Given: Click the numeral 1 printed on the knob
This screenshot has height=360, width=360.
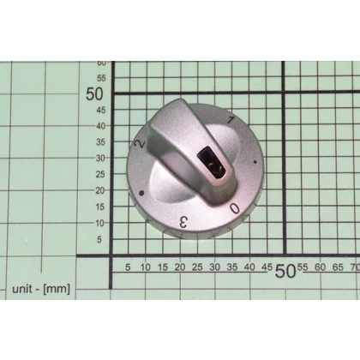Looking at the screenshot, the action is pos(231,120).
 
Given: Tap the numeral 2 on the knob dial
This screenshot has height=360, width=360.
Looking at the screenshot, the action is pos(140,144).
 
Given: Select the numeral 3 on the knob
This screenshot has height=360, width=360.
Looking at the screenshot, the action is pos(183,222).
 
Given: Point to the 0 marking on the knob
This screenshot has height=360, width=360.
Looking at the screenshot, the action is pos(235,208).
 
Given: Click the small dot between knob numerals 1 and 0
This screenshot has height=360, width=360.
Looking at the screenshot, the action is pos(255,162).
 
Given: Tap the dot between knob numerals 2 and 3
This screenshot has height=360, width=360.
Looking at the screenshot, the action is pos(141,194).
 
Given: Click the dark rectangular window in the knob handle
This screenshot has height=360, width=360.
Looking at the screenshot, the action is pos(212,162).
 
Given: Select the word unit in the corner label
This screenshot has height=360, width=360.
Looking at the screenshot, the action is pos(22,289).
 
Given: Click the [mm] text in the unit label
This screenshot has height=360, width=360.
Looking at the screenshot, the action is pos(57,289).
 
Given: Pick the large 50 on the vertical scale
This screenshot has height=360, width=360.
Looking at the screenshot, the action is pos(94,93).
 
